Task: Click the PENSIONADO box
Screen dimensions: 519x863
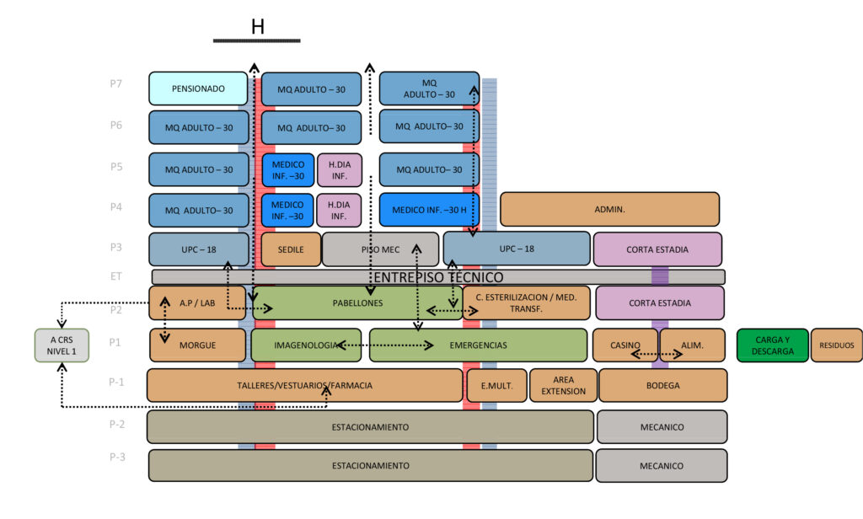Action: [198, 88]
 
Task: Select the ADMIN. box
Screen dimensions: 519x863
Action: [609, 209]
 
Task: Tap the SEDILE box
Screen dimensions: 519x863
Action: [291, 249]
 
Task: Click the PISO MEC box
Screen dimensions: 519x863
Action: [380, 249]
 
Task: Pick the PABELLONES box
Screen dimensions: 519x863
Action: [357, 302]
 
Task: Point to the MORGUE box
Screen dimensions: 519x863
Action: [198, 345]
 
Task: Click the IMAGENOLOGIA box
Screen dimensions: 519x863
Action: [306, 345]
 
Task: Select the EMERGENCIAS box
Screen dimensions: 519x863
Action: [478, 345]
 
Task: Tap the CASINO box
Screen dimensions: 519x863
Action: [624, 345]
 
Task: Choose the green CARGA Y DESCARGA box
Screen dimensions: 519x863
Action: [772, 345]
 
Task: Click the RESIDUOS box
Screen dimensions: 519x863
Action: [837, 345]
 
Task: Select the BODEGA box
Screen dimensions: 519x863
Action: [662, 385]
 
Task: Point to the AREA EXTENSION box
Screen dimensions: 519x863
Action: [563, 385]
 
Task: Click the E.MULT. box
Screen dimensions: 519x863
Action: [496, 385]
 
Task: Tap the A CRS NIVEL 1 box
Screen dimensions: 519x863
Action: [62, 345]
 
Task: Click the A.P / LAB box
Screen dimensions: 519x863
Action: [197, 302]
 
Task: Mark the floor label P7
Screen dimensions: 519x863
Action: [116, 83]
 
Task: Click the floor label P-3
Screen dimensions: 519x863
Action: [117, 457]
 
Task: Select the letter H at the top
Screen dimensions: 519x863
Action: [258, 27]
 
